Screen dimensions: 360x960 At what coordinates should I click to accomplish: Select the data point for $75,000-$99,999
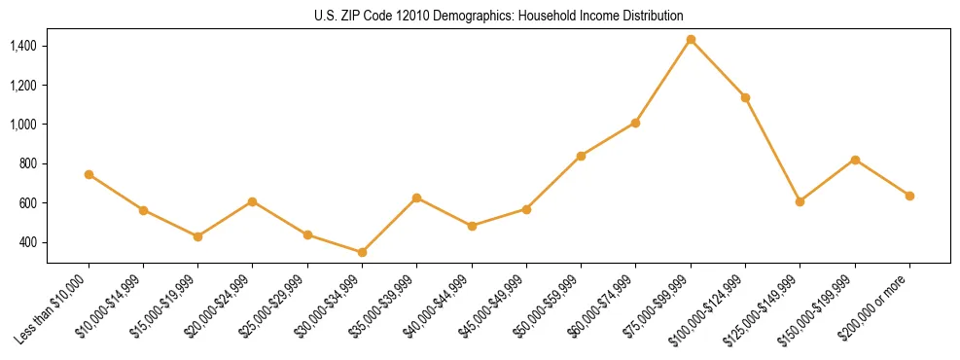691,40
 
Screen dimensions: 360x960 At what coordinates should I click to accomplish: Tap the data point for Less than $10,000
89,174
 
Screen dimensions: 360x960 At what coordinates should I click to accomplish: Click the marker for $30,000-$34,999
362,252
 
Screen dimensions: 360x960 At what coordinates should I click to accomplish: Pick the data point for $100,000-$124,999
745,97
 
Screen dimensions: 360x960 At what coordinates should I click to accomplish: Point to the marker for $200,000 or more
909,196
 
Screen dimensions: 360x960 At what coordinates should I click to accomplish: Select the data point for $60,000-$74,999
635,123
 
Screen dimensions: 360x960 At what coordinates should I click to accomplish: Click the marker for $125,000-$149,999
800,201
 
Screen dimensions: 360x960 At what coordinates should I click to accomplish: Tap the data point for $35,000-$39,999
416,198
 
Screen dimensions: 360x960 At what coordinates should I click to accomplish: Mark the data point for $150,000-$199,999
855,160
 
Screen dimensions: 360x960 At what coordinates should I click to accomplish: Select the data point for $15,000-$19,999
197,236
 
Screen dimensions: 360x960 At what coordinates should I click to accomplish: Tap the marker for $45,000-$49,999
526,209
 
